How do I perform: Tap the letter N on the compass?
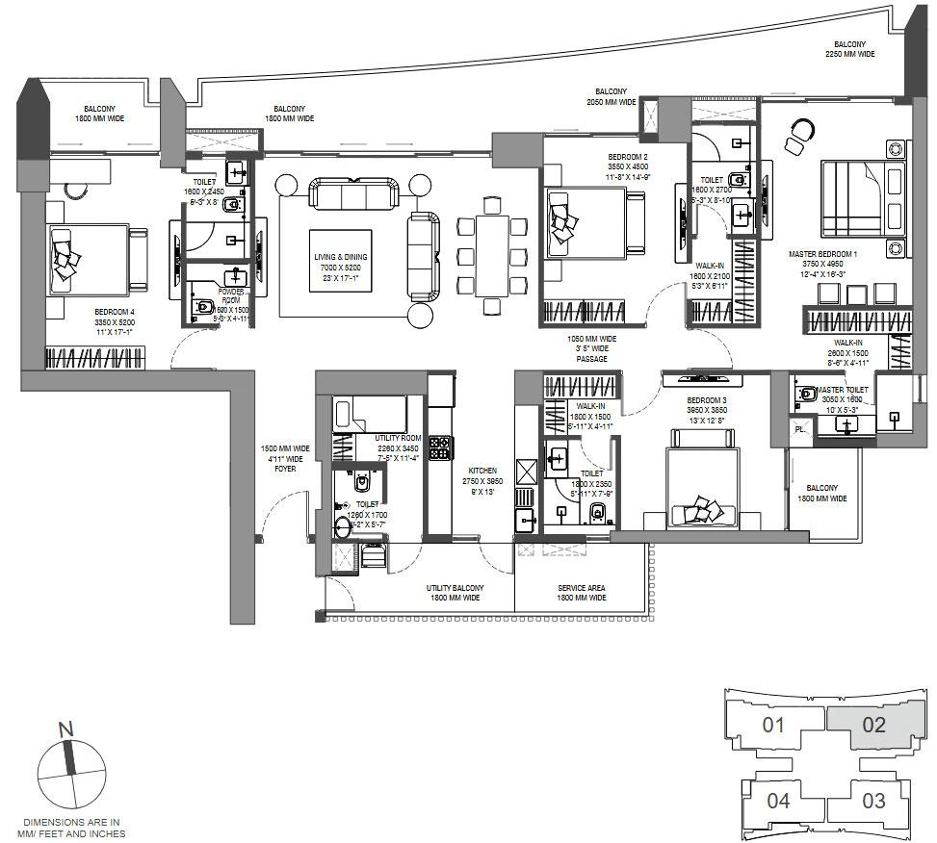point(66,730)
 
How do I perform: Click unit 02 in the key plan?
point(872,725)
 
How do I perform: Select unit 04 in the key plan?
point(779,800)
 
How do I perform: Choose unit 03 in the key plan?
point(872,800)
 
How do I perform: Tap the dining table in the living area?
point(492,256)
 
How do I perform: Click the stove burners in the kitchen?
point(440,447)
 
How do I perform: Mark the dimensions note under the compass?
point(73,828)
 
